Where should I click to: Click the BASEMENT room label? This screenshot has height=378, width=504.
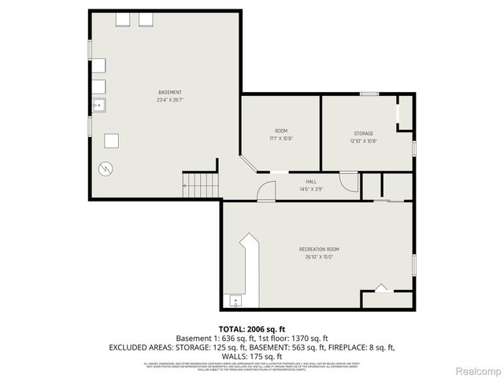pos(169,92)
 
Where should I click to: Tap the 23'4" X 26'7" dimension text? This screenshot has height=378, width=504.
pos(169,100)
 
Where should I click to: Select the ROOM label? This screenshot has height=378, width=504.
pos(281,131)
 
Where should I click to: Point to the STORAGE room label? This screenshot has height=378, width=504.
pos(363,133)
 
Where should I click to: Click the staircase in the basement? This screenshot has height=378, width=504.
pos(201,187)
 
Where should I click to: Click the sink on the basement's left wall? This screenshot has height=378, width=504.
pos(98,105)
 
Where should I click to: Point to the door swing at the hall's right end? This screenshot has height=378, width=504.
pos(349,182)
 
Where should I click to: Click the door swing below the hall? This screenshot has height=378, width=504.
pos(266,191)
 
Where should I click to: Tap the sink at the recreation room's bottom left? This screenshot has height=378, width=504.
pos(235,301)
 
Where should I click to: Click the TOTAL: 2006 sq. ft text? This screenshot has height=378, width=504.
pos(251,329)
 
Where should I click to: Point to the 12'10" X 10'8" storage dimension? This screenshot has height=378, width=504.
pos(363,142)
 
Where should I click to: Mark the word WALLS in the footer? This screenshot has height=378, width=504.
pos(229,356)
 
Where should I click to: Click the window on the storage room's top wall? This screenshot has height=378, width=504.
pos(369,94)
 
